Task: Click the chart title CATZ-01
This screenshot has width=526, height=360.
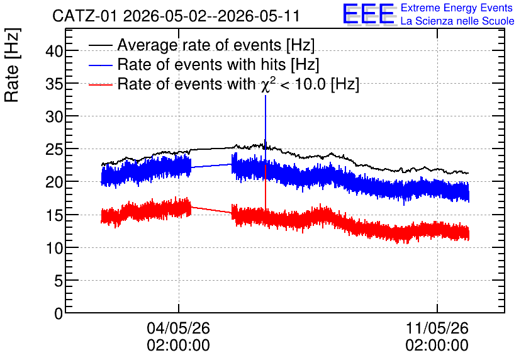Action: pos(84,16)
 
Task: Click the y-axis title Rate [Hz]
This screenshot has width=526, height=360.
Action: pos(12,65)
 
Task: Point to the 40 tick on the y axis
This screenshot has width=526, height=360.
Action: pos(54,51)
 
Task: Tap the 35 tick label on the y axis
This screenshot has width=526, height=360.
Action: pos(54,84)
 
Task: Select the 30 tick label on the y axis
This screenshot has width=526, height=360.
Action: pos(54,117)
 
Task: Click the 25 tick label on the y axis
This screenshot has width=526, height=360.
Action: pos(54,150)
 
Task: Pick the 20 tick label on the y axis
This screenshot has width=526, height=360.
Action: pos(54,183)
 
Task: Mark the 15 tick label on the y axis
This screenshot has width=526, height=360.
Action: pos(54,215)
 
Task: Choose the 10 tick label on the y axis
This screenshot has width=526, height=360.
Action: pos(54,248)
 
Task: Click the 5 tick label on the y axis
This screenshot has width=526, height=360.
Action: pos(59,281)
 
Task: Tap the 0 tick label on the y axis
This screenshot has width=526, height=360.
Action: pos(59,313)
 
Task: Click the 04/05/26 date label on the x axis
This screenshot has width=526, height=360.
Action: pos(179,328)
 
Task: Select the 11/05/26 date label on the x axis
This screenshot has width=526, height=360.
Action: pos(437,328)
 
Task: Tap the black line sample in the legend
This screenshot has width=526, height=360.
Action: pos(101,45)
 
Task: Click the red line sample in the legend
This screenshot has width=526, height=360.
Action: pos(101,84)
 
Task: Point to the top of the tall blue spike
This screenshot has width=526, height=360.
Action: pos(266,96)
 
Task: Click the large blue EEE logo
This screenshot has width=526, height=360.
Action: pos(369,14)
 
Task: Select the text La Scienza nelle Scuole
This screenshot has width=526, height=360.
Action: pos(457,21)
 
